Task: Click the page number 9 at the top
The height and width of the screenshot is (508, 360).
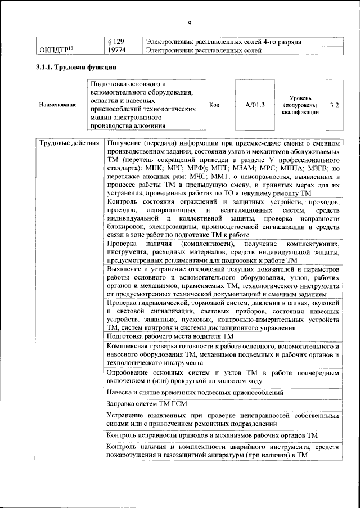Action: tap(190, 23)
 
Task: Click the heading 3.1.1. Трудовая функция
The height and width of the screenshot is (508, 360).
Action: tap(73, 68)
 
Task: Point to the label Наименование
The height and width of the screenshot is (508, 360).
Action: tap(58, 105)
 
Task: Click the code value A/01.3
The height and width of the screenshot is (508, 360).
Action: tap(255, 105)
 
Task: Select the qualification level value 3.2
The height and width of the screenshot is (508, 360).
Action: tap(334, 105)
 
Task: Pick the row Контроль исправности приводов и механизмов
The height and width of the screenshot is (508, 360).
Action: tap(213, 435)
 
